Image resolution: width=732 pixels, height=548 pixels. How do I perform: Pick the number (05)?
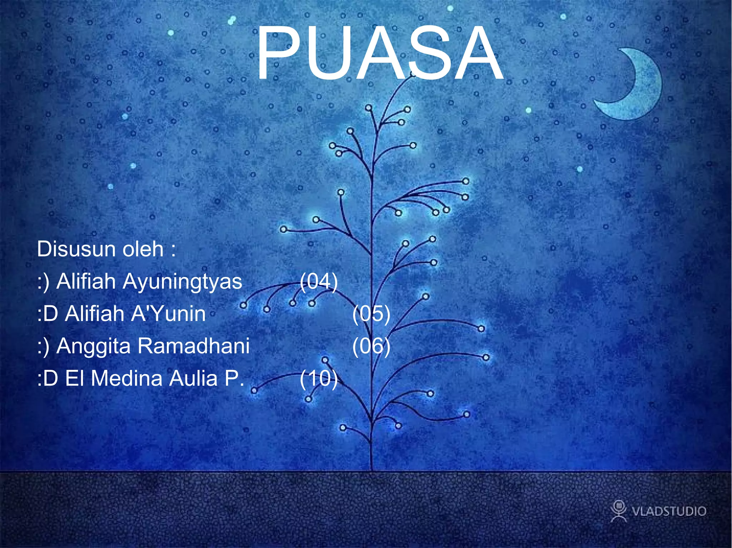pyautogui.click(x=371, y=314)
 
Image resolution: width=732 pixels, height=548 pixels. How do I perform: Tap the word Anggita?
pyautogui.click(x=93, y=346)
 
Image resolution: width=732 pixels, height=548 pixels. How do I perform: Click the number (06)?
pyautogui.click(x=371, y=346)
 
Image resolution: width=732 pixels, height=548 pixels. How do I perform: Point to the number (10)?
pyautogui.click(x=318, y=378)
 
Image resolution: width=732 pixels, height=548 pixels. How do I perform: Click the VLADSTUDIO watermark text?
pyautogui.click(x=669, y=511)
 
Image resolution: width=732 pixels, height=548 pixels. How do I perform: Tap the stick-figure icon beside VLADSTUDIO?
pyautogui.click(x=618, y=511)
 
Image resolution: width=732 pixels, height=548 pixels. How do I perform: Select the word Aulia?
pyautogui.click(x=193, y=378)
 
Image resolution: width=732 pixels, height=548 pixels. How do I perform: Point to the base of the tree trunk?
pyautogui.click(x=372, y=468)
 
